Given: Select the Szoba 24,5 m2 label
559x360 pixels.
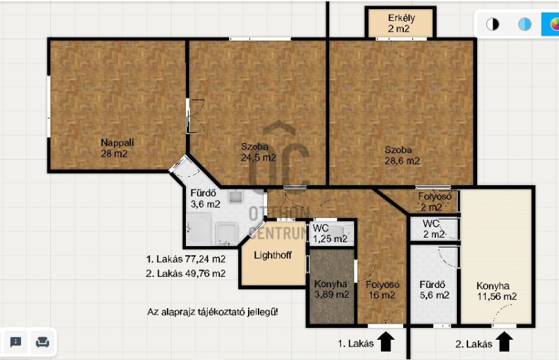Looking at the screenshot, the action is pos(258,152).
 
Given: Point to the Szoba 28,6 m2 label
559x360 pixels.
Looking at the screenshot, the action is pos(402,156).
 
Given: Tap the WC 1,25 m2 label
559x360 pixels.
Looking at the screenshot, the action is pos(330,233).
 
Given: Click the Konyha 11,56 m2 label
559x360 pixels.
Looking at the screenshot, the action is pos(496,291).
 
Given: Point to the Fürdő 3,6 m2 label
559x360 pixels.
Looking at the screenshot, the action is pos(205,199).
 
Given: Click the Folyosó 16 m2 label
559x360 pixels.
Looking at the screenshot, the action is pos(382,289).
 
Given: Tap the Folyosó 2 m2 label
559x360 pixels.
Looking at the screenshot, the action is pos(435,201).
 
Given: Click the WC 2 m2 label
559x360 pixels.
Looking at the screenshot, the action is pos(433,229).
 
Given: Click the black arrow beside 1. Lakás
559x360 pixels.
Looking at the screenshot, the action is pos(386,341).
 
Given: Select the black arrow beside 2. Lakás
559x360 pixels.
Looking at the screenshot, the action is pos(504,341).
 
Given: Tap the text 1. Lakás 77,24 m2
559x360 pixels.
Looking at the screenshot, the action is pos(185,259).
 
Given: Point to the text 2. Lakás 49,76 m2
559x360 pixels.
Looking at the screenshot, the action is pos(185,273).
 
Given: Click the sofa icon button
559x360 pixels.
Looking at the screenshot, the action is pos(43,342).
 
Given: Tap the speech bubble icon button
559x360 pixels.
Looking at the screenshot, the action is pos(15,342).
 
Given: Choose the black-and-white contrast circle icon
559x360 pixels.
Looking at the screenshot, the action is pos(493,24).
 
